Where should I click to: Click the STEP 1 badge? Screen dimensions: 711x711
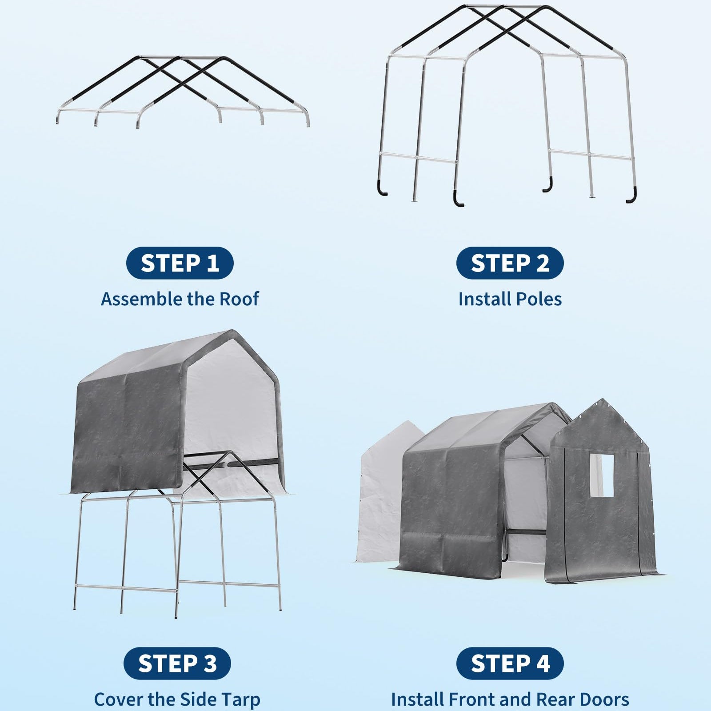[x=180, y=263]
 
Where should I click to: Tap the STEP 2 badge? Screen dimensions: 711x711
[x=510, y=263]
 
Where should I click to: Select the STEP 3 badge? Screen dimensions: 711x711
[x=177, y=663]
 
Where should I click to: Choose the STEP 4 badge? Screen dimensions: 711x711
[x=510, y=663]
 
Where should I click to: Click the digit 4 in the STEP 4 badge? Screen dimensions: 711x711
[x=541, y=663]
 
